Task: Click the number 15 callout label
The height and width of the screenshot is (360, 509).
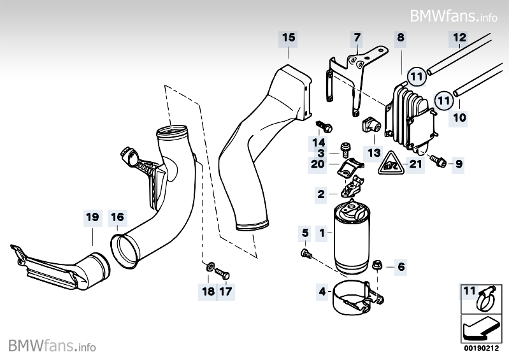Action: click(289, 38)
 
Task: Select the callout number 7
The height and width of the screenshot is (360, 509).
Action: click(357, 38)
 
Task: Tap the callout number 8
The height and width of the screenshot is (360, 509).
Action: click(400, 38)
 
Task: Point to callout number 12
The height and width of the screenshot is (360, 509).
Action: click(459, 38)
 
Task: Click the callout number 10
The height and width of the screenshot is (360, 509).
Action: click(459, 117)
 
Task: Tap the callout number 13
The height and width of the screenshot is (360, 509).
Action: click(373, 153)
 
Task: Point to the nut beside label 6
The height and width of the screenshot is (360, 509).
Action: click(378, 264)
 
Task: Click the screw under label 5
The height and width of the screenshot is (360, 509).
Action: click(305, 254)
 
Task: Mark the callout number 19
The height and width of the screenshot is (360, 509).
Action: click(92, 217)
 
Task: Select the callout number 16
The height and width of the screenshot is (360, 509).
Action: click(117, 217)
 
